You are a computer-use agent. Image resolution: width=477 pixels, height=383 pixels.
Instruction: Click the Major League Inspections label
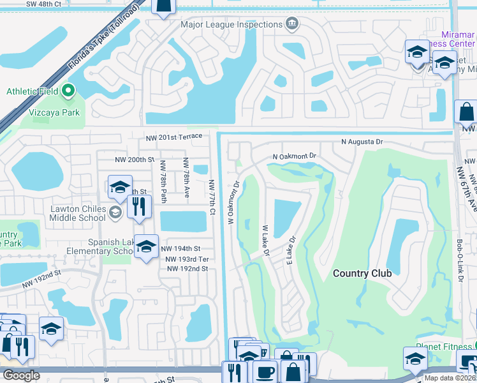[x=231, y=25]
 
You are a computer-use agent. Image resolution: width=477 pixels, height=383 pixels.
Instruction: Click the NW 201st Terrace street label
[x=173, y=137]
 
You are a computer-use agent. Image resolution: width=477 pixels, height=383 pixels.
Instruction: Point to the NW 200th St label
[x=135, y=160]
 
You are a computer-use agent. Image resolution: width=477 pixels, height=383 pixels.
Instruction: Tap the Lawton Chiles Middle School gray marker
[x=115, y=212]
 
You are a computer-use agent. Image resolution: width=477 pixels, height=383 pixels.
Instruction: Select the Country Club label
[x=362, y=273]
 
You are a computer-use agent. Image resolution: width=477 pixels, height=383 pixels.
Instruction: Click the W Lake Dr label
[x=266, y=241]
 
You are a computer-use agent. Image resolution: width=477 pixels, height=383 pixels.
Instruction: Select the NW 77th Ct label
[x=212, y=197]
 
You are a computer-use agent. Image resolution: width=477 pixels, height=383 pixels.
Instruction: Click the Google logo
[x=21, y=375]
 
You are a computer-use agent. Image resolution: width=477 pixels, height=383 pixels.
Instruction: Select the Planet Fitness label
[x=439, y=347]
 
